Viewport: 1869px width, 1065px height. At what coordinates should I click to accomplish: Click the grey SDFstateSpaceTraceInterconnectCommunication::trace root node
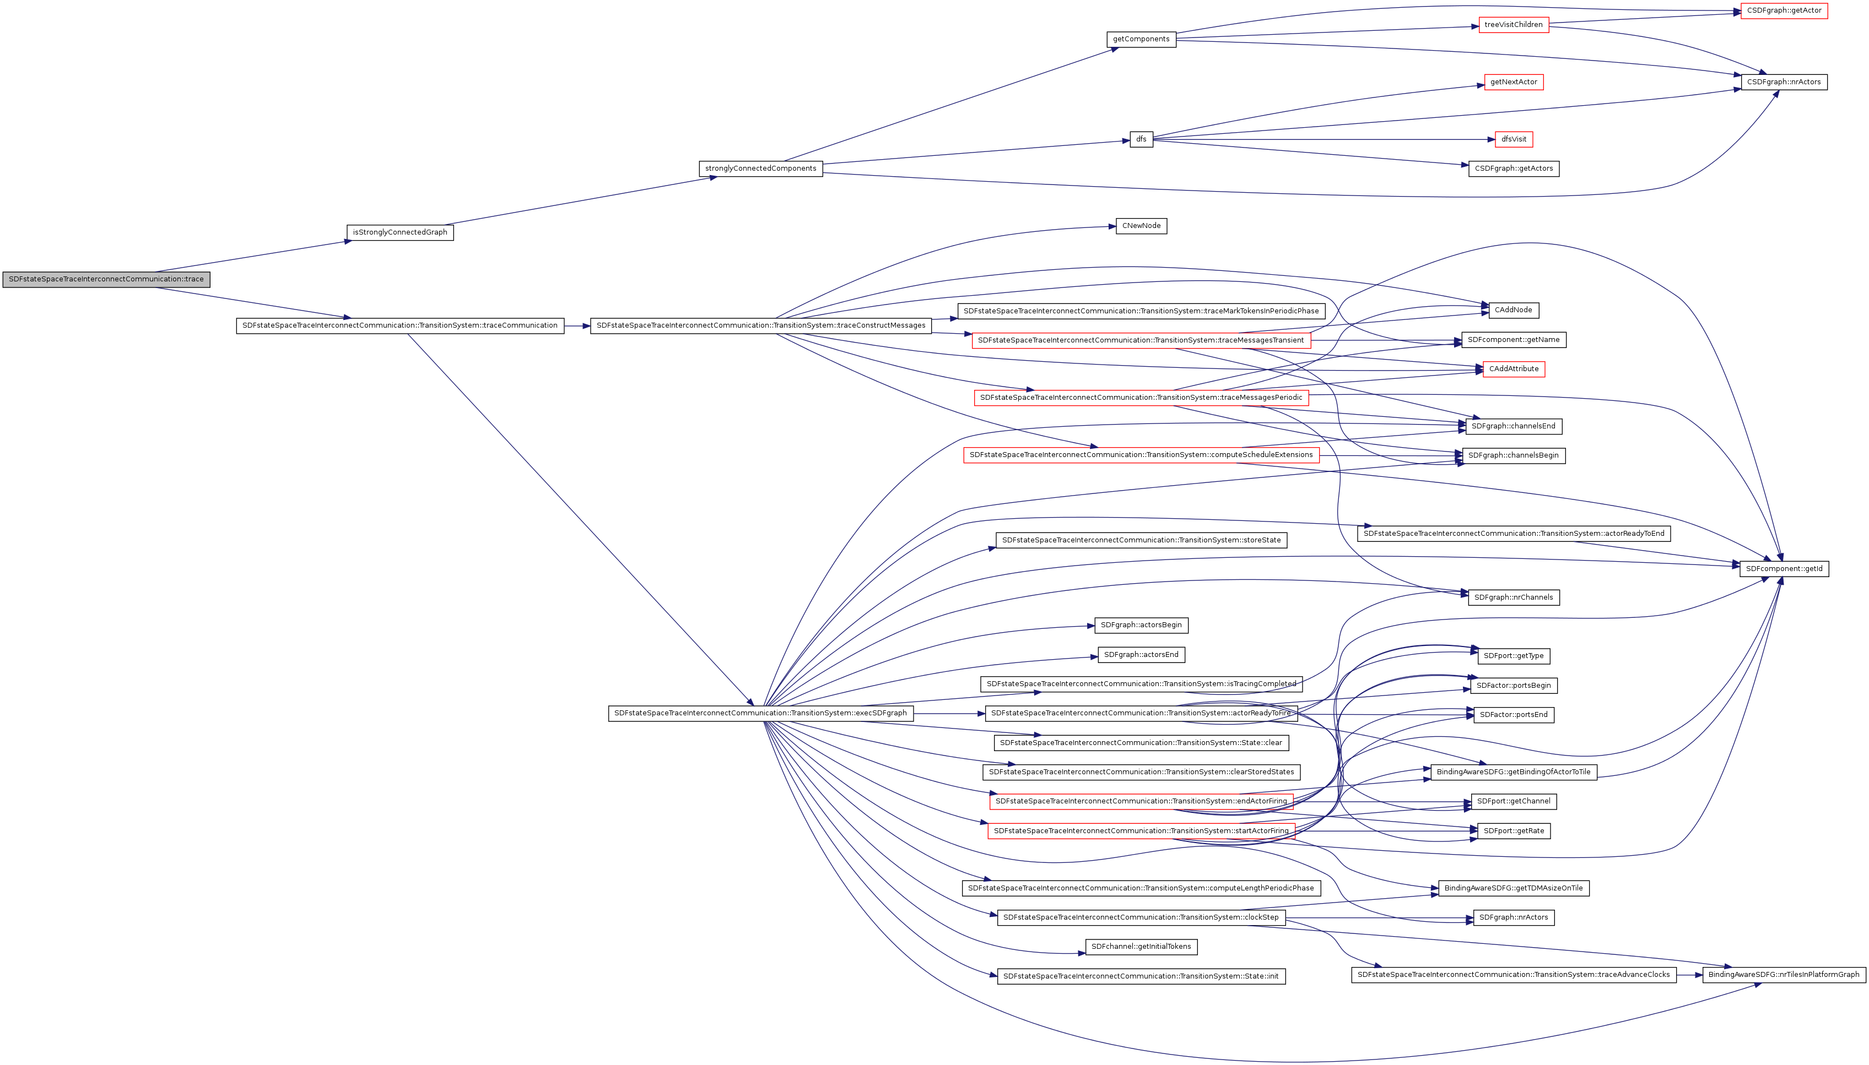tap(106, 279)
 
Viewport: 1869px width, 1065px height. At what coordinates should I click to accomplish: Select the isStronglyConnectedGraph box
tap(399, 232)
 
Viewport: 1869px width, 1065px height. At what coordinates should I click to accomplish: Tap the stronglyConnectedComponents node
tap(760, 169)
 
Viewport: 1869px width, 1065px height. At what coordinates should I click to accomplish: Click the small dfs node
tap(1141, 139)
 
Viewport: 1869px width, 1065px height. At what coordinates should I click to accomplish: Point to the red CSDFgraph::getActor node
tap(1784, 11)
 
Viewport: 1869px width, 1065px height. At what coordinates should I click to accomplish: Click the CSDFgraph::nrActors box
tap(1784, 82)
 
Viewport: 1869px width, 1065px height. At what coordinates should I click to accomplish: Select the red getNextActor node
tap(1514, 82)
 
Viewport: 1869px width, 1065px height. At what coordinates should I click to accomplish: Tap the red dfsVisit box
tap(1514, 139)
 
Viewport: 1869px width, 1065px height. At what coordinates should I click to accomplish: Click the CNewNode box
tap(1141, 226)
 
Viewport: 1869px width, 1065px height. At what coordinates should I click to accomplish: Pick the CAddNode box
tap(1513, 310)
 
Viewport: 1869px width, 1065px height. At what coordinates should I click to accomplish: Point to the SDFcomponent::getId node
tap(1784, 569)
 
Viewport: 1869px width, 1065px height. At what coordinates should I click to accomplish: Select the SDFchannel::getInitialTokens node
tap(1141, 947)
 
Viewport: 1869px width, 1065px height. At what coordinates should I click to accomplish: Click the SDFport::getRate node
tap(1513, 831)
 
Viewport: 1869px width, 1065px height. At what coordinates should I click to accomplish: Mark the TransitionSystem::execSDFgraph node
tap(760, 713)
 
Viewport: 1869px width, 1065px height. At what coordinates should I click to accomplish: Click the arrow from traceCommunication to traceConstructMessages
tap(577, 325)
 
